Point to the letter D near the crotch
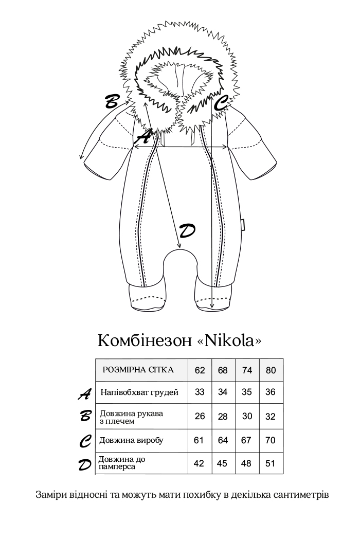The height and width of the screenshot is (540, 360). tap(186, 231)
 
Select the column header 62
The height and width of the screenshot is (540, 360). tap(200, 370)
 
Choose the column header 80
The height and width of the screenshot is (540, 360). tap(271, 370)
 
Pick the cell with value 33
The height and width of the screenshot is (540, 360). tap(200, 392)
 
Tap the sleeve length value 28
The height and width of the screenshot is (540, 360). tap(223, 417)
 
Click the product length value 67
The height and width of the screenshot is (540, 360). tap(246, 440)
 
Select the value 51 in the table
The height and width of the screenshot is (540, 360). tap(271, 463)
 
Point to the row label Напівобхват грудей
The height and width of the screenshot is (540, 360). tap(139, 392)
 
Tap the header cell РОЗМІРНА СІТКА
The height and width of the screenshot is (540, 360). tap(138, 370)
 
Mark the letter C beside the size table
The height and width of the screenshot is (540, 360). tap(86, 441)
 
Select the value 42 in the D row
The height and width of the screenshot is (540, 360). tap(199, 463)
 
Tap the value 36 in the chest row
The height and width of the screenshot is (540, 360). tap(271, 392)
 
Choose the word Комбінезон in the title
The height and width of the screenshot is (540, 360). tap(145, 341)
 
